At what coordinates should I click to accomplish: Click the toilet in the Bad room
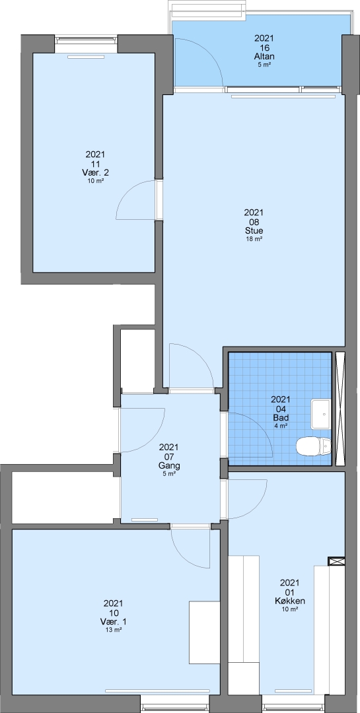click(x=314, y=446)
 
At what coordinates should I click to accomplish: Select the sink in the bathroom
click(x=321, y=414)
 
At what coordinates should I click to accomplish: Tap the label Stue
click(x=254, y=231)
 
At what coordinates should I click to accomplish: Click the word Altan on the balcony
click(x=264, y=57)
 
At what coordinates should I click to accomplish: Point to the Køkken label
click(x=290, y=601)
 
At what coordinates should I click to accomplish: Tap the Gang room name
click(x=169, y=465)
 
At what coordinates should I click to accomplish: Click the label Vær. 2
click(x=96, y=173)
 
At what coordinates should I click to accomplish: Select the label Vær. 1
click(x=114, y=622)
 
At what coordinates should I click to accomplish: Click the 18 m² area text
click(x=254, y=239)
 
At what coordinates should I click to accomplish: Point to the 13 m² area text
click(x=114, y=630)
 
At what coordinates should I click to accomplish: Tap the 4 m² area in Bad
click(x=281, y=426)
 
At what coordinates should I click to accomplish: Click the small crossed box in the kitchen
click(x=337, y=561)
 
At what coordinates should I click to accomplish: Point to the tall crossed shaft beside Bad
click(x=340, y=409)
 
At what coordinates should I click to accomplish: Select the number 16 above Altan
click(x=264, y=48)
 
